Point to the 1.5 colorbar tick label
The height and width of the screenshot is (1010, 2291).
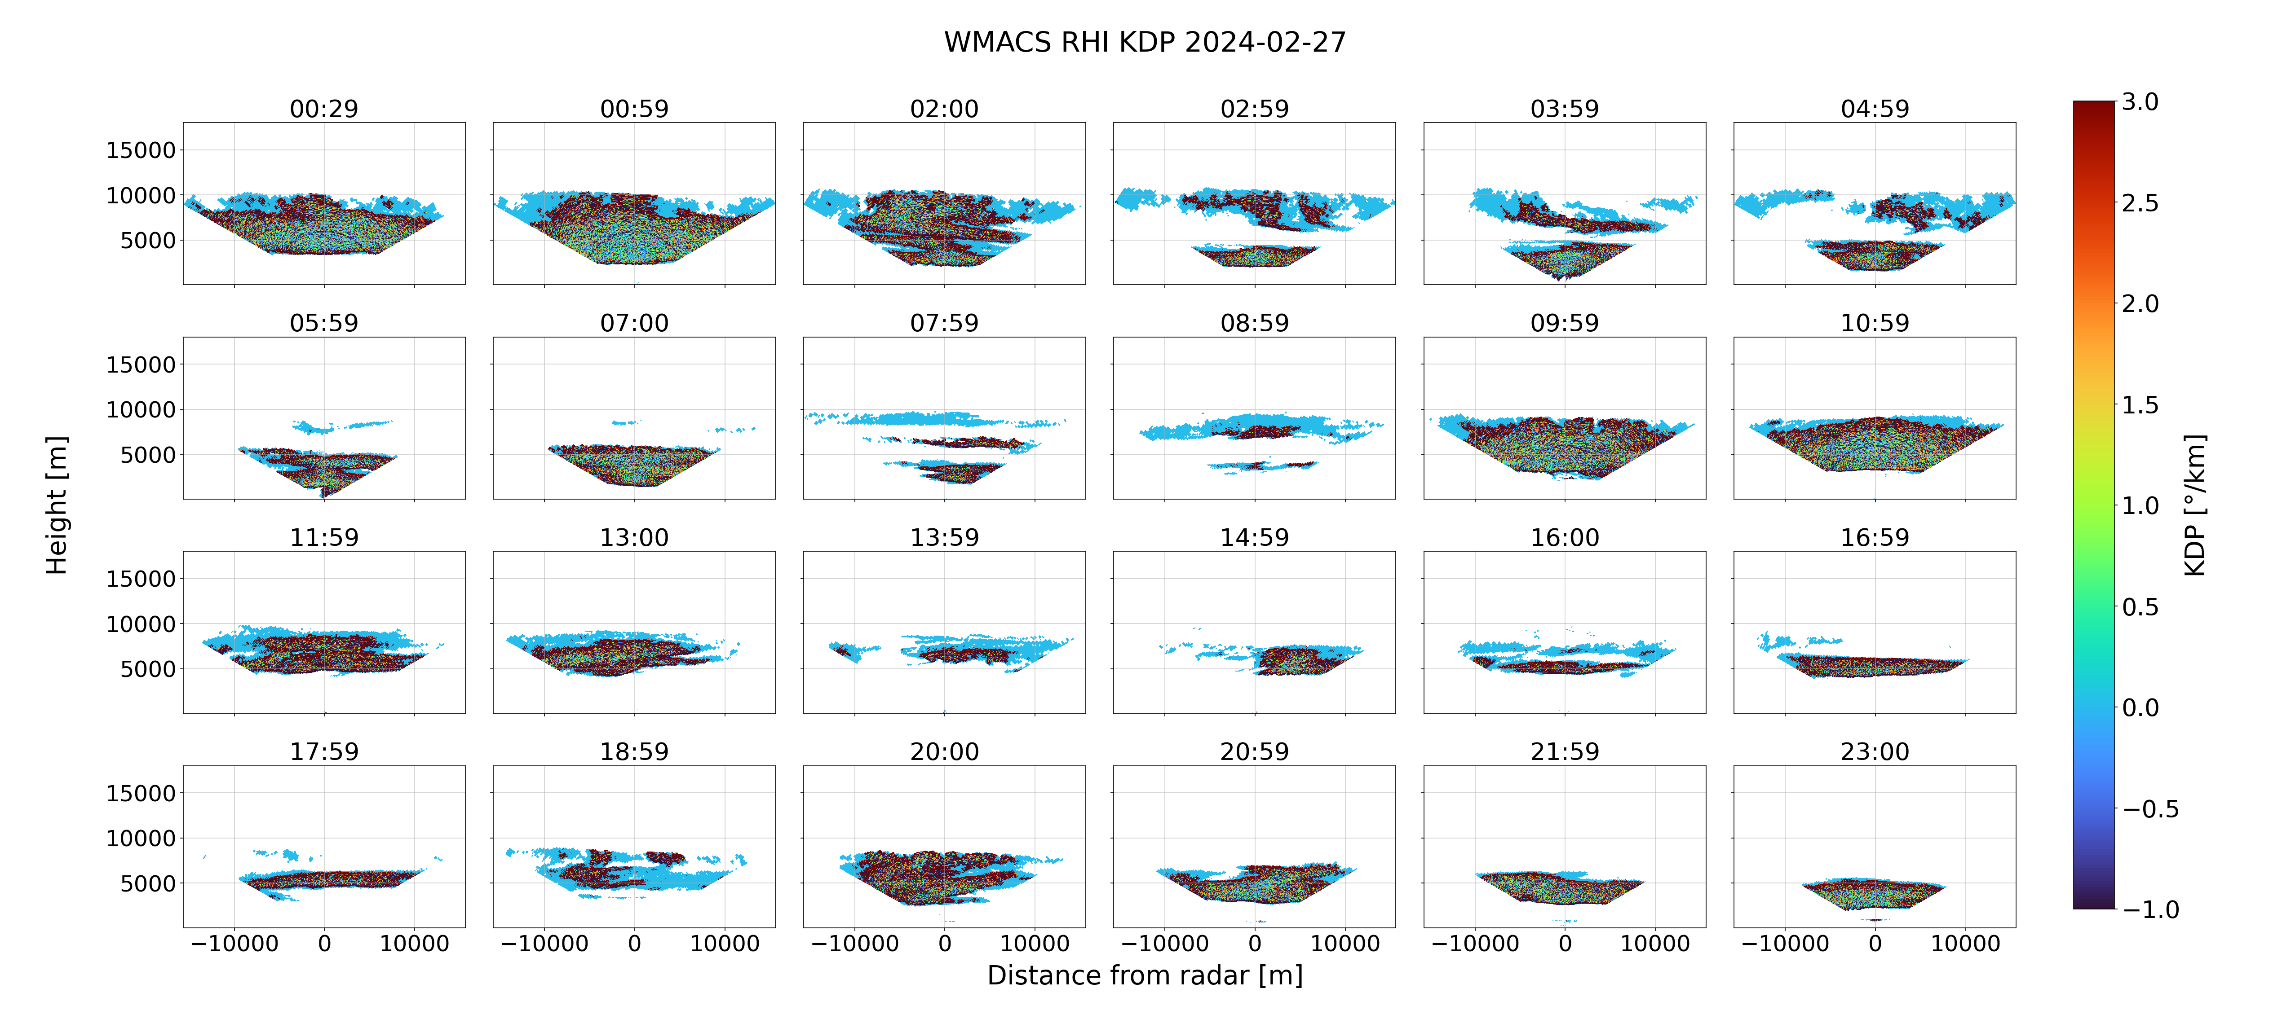(x=2140, y=404)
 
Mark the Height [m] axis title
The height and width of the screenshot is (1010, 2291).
(x=56, y=505)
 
